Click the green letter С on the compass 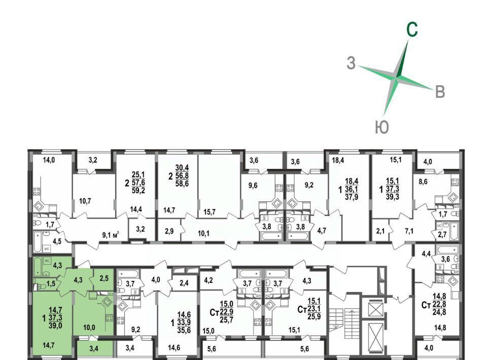click(412, 30)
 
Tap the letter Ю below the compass click(382, 127)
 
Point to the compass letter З click(351, 63)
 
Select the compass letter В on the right click(440, 92)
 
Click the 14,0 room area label click(49, 160)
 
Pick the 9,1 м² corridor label click(111, 235)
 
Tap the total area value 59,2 click(138, 190)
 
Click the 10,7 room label click(85, 201)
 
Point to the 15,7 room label click(210, 212)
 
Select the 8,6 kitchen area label click(423, 182)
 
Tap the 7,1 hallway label click(409, 231)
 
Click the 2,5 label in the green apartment click(104, 278)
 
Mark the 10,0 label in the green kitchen click(89, 327)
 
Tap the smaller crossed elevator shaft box click(376, 309)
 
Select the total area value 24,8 click(439, 312)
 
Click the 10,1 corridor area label click(203, 233)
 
